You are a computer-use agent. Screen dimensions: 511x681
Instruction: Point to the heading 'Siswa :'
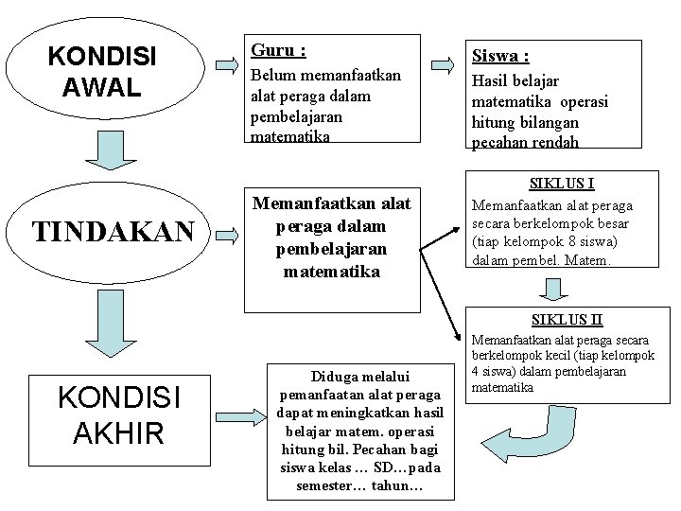499,57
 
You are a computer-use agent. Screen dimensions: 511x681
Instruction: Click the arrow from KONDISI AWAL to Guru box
227,64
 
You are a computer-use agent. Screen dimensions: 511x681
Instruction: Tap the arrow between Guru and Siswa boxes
443,64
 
